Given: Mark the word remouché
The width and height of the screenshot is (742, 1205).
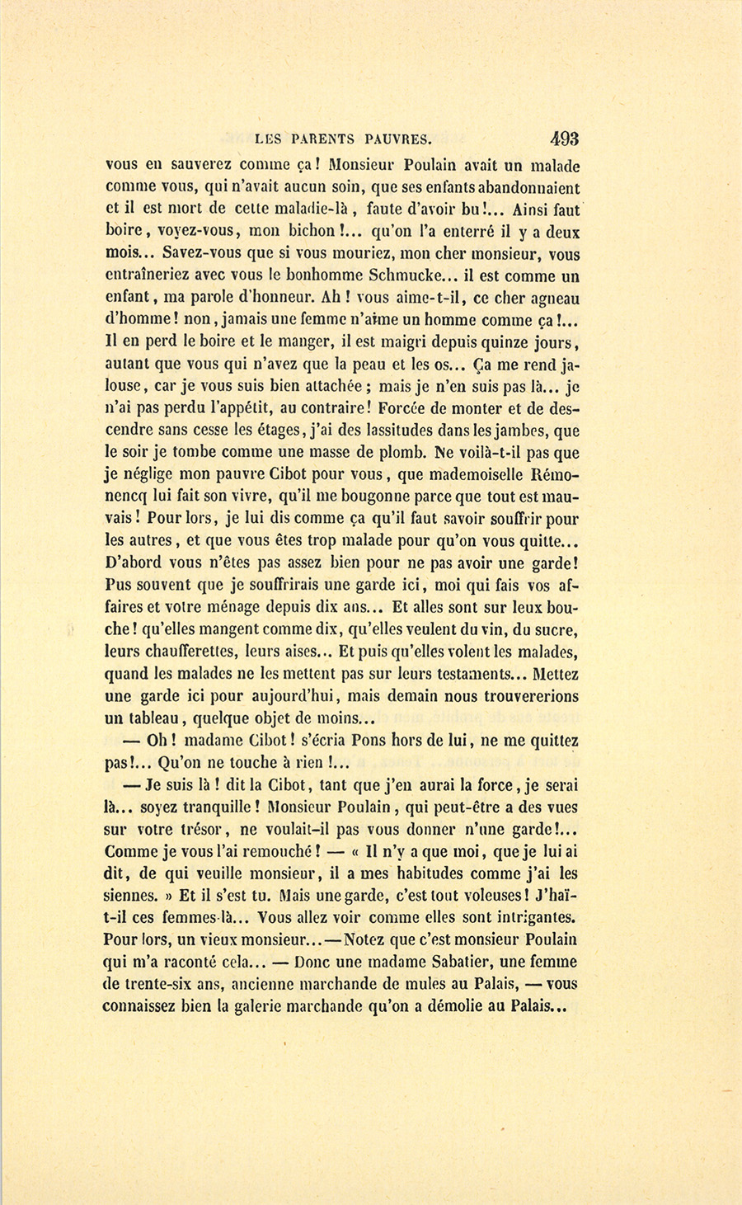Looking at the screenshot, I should (x=269, y=852).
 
